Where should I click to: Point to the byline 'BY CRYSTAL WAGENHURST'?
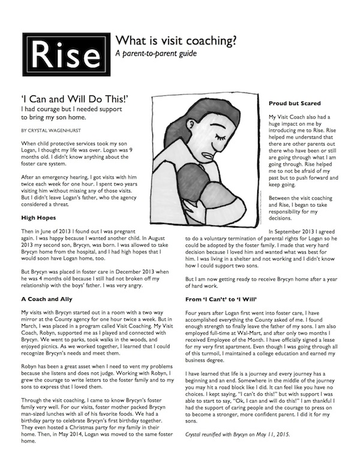[x=53, y=129]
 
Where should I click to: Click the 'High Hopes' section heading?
[x=39, y=218]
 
